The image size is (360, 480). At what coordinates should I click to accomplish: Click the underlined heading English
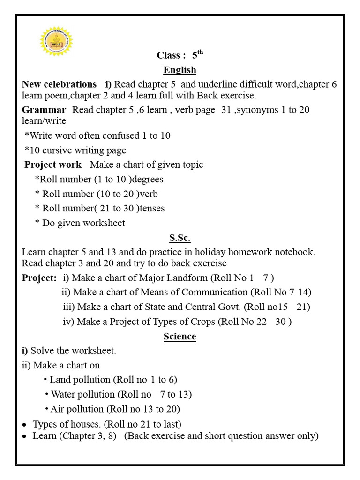click(x=180, y=70)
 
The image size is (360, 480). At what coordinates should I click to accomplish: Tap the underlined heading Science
click(x=180, y=337)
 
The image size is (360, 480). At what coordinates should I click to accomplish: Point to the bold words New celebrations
click(x=59, y=85)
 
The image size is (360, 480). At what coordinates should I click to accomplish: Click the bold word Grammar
click(x=44, y=110)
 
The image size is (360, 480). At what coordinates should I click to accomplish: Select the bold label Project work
click(x=53, y=165)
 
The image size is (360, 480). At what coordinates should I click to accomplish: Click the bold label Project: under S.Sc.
click(x=39, y=277)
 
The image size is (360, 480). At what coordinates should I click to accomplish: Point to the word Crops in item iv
click(x=202, y=322)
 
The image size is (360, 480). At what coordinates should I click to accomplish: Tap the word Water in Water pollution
click(x=63, y=394)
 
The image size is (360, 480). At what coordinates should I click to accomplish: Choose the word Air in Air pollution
click(x=58, y=409)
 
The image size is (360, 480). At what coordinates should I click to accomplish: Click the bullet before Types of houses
click(x=24, y=425)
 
